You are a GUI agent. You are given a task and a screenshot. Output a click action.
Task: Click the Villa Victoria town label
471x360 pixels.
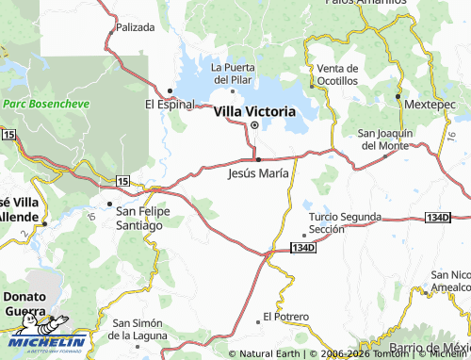point(254,111)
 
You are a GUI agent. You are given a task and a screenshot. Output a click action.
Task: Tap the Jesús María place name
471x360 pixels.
point(258,173)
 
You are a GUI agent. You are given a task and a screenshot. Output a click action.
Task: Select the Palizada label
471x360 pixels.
point(134,28)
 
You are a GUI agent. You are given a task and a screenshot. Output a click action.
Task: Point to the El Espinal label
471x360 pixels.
point(169,104)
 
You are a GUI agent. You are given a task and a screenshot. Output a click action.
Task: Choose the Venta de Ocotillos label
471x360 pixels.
point(337,75)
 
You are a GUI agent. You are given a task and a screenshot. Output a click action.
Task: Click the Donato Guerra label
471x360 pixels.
point(24,303)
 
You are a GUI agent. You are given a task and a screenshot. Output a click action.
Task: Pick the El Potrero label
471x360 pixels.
point(286,317)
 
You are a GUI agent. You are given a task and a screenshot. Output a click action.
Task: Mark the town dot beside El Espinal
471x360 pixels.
point(170,90)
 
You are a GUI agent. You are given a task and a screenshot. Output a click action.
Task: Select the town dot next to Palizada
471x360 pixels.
point(109,28)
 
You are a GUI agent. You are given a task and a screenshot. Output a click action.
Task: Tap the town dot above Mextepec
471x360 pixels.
point(398,96)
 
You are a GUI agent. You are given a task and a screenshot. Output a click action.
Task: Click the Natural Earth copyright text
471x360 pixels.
point(268,353)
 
